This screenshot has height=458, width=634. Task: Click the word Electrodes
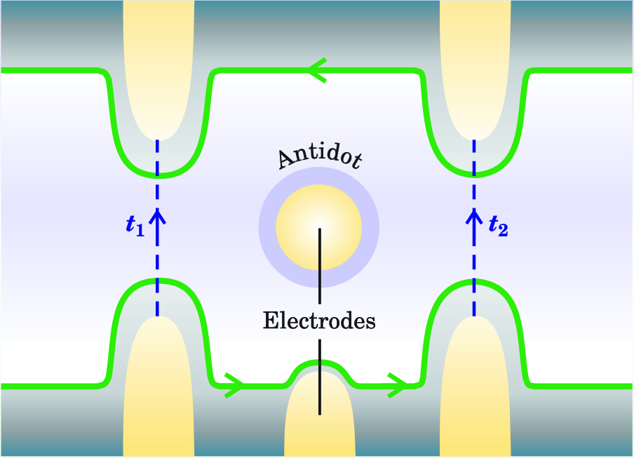point(319,321)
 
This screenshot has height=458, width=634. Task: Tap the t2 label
point(499,226)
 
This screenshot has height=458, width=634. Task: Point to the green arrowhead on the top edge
point(317,70)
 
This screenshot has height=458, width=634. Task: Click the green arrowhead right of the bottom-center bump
point(398,385)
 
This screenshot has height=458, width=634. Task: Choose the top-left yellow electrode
point(158,63)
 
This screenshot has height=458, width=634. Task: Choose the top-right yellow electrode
point(474,63)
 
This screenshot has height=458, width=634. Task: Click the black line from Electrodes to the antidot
point(320,267)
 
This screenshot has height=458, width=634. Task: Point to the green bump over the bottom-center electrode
point(319,363)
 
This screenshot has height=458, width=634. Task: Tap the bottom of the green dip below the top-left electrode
point(158,174)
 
